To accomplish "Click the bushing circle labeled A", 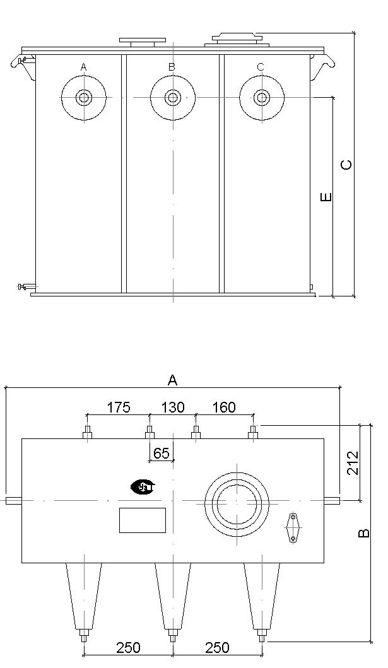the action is pyautogui.click(x=84, y=98).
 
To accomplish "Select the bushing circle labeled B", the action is pyautogui.click(x=173, y=98).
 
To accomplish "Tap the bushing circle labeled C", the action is pyautogui.click(x=262, y=98).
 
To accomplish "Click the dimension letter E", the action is pyautogui.click(x=326, y=197).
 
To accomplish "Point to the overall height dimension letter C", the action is pyautogui.click(x=347, y=165).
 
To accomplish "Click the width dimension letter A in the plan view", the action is pyautogui.click(x=172, y=380).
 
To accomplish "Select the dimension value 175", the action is pyautogui.click(x=118, y=407).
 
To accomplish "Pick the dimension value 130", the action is pyautogui.click(x=172, y=407).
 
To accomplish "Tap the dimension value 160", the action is pyautogui.click(x=223, y=407).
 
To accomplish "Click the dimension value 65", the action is pyautogui.click(x=161, y=454).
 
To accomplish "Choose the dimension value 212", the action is pyautogui.click(x=353, y=462).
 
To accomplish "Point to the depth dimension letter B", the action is pyautogui.click(x=363, y=533).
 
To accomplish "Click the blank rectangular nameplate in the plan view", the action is pyautogui.click(x=142, y=520).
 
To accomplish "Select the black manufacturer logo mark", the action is pyautogui.click(x=143, y=486).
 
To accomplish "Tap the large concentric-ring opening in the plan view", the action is pyautogui.click(x=237, y=503).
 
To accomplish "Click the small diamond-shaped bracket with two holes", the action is pyautogui.click(x=293, y=527).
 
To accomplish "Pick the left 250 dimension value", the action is pyautogui.click(x=128, y=648).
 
